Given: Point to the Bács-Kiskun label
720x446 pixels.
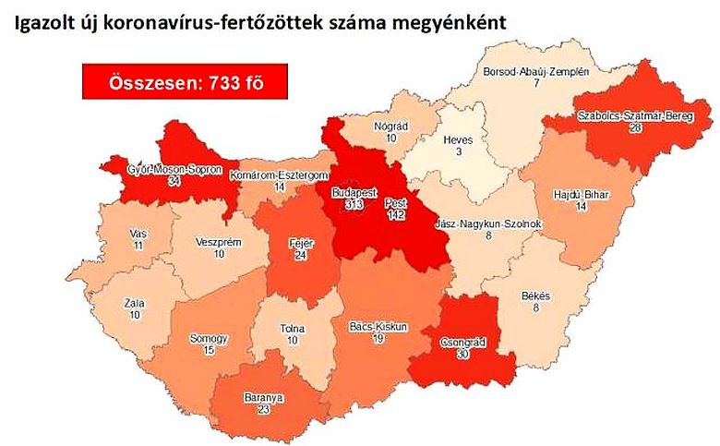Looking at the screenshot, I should click(378, 326).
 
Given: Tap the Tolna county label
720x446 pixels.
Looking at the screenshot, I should click(294, 330).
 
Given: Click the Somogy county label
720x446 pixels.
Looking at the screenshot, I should click(209, 338).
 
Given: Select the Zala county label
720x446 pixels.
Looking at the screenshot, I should click(137, 302).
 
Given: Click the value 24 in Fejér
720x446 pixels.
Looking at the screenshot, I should click(301, 256).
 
